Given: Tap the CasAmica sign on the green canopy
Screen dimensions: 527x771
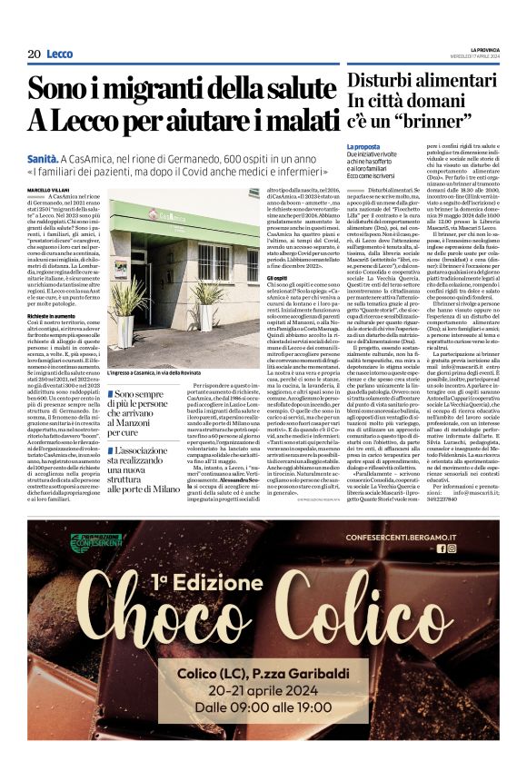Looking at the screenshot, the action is pyautogui.click(x=189, y=218).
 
